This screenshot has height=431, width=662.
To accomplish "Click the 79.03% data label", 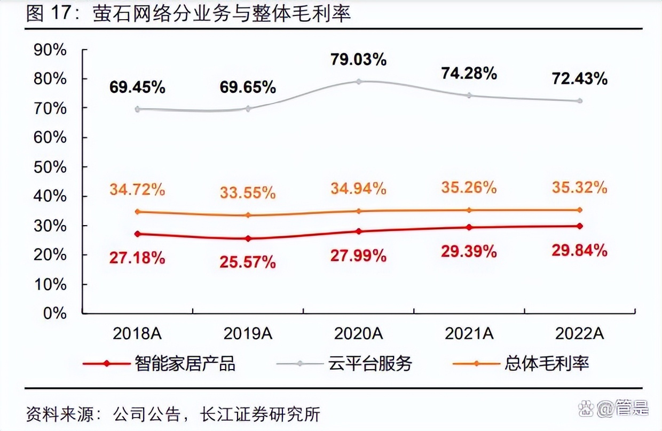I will point(358,60).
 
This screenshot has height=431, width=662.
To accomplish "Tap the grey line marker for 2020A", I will point(359,82).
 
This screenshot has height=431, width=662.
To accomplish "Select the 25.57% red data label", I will point(248,262).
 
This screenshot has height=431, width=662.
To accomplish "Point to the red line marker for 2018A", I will point(138,234).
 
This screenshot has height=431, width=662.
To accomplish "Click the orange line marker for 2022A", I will point(580,210).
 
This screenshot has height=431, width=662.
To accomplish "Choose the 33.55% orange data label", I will point(248,193).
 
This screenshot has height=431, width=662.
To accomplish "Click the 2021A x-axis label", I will point(469,333).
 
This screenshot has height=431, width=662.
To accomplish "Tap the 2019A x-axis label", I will point(248,333).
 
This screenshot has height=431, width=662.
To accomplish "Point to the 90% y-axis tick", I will point(50,50).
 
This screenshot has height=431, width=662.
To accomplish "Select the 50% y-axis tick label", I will point(50,166).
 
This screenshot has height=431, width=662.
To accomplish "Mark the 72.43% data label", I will point(580,79).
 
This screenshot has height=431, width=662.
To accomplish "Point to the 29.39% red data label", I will point(469,252).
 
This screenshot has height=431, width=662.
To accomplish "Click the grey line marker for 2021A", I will point(469,95).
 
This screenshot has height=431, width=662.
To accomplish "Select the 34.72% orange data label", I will point(137,189).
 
